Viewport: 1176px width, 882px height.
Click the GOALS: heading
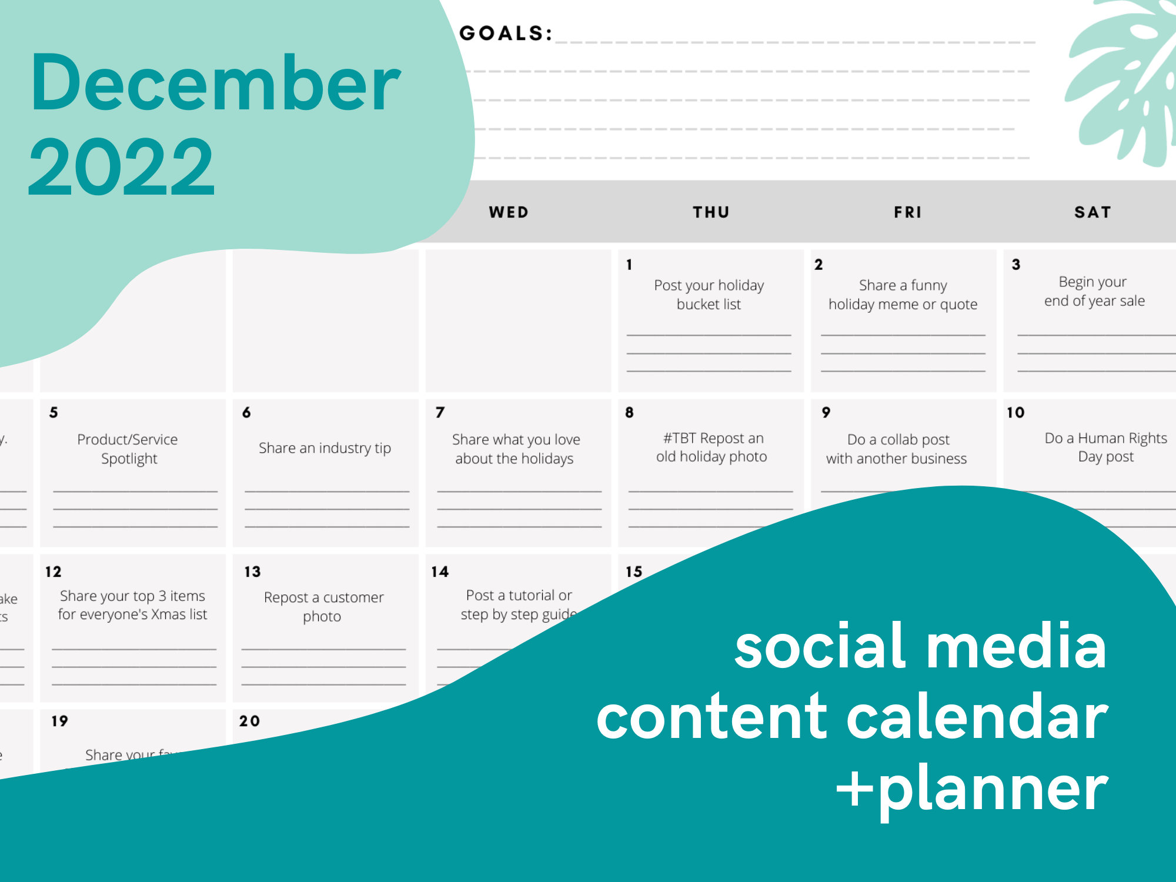coord(506,34)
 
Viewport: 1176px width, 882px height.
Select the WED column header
coord(509,212)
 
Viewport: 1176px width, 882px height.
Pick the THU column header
coord(711,212)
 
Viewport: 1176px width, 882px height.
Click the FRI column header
coord(908,212)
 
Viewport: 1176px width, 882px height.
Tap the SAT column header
coord(1093,212)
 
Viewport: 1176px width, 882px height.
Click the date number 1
coord(629,265)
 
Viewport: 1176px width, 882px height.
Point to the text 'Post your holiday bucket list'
coord(709,295)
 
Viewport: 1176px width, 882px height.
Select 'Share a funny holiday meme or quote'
coord(903,295)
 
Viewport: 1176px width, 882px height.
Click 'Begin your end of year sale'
coord(1094,291)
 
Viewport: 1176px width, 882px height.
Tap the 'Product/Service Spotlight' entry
coord(128,449)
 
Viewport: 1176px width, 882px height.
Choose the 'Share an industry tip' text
coord(325,448)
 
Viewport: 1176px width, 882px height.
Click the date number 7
coord(440,412)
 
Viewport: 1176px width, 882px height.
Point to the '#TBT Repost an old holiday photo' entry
coord(712,447)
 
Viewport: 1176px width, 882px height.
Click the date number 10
coord(1015,412)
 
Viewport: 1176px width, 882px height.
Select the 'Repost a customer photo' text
coord(323,606)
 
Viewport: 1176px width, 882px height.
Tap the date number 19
coord(59,721)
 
